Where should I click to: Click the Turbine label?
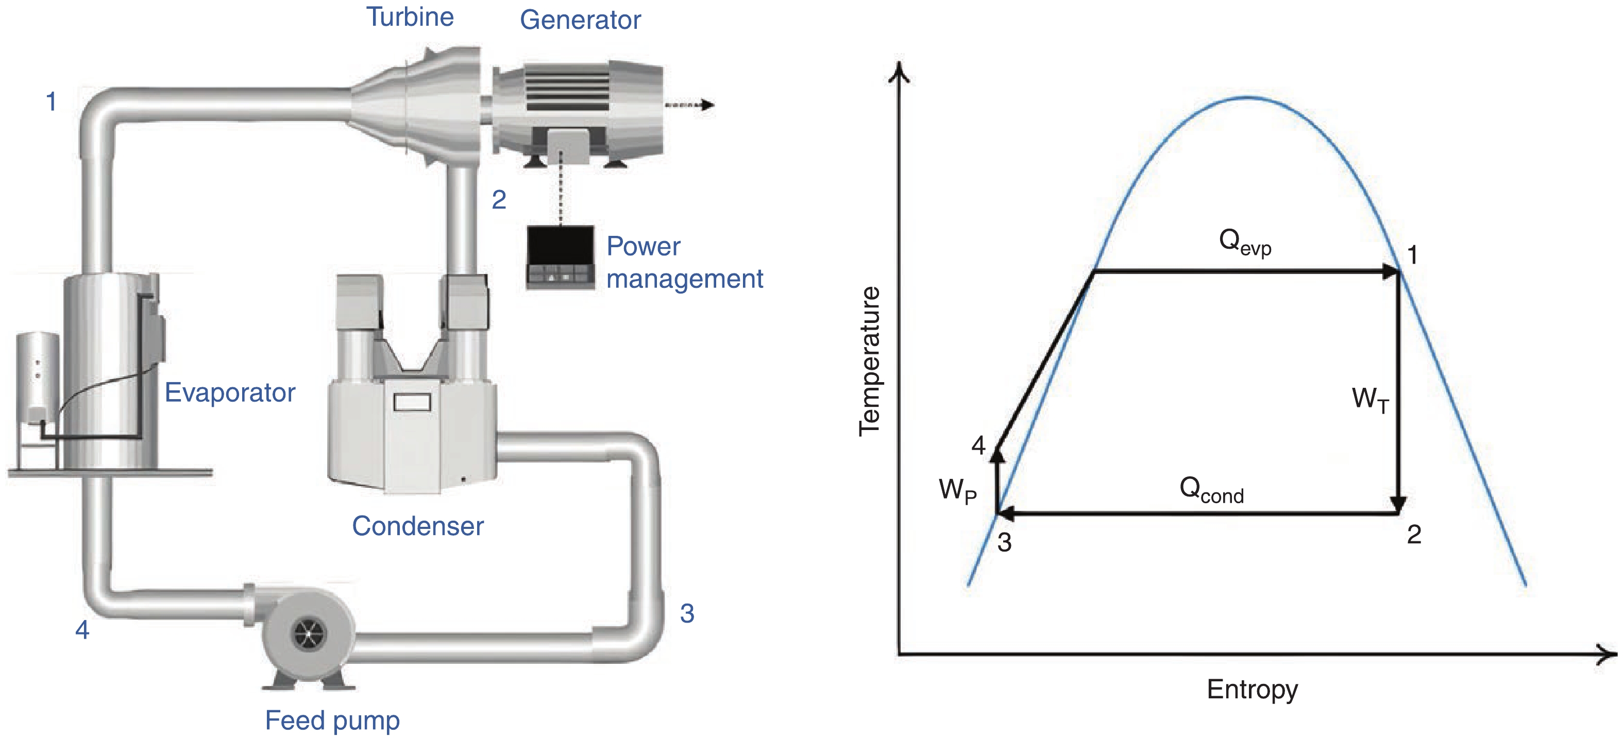pyautogui.click(x=410, y=17)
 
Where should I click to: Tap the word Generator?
pyautogui.click(x=580, y=20)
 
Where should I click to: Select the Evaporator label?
pyautogui.click(x=230, y=392)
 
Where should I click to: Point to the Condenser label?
pyautogui.click(x=418, y=526)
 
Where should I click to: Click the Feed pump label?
pyautogui.click(x=332, y=720)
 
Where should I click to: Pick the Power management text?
pyautogui.click(x=684, y=263)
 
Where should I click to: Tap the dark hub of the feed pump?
pyautogui.click(x=309, y=632)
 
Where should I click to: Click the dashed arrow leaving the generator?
pyautogui.click(x=689, y=105)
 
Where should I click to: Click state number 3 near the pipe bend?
pyautogui.click(x=687, y=613)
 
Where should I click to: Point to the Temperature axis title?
pyautogui.click(x=870, y=361)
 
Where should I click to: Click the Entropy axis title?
pyautogui.click(x=1252, y=689)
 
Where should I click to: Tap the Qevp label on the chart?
pyautogui.click(x=1244, y=243)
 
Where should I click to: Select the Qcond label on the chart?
pyautogui.click(x=1211, y=490)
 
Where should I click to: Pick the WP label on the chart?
pyautogui.click(x=957, y=490)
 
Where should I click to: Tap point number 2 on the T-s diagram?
pyautogui.click(x=1414, y=535)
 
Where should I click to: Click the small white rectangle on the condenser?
pyautogui.click(x=412, y=402)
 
